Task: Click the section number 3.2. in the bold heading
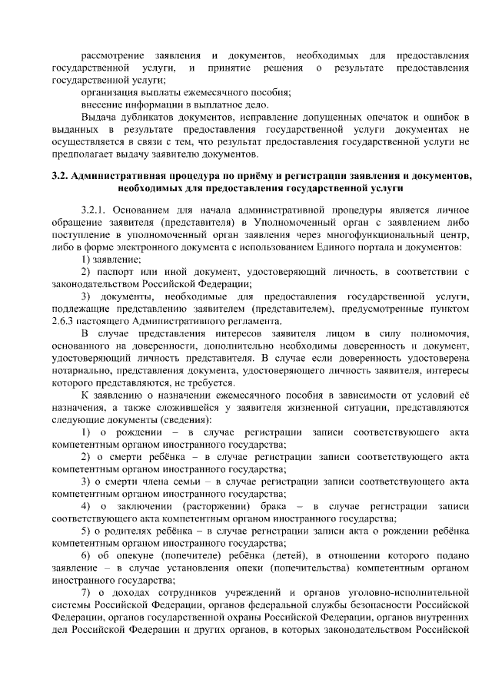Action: click(61, 175)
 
